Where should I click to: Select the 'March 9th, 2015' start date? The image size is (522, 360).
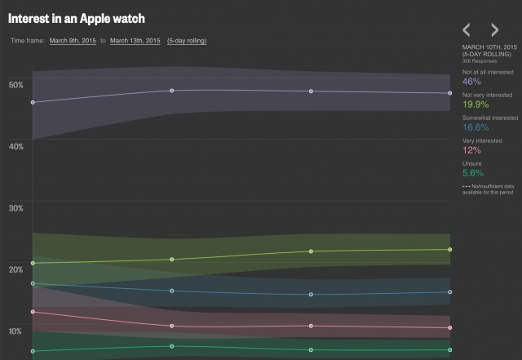pos(73,40)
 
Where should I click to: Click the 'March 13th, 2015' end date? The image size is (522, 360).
pos(135,40)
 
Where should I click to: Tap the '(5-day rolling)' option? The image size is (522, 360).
pos(187,40)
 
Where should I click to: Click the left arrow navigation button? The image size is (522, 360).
pos(467,30)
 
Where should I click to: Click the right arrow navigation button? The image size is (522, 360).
pos(495,30)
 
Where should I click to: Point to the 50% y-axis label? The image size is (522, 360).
pos(15,85)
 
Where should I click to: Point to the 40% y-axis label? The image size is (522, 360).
pos(15,146)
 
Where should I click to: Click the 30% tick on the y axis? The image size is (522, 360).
pos(15,208)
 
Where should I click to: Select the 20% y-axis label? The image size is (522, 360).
pos(15,269)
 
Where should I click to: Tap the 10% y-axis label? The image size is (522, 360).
pos(15,331)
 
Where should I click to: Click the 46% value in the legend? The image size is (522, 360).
pos(471,82)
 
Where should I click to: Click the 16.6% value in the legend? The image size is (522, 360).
pos(476,127)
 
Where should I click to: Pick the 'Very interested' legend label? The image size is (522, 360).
pos(480,140)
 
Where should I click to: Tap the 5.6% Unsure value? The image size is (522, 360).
pos(473,173)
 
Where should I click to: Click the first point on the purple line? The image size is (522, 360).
pos(33,103)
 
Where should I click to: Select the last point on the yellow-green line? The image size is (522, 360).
pos(450,250)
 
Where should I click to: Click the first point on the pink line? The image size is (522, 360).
pos(33,312)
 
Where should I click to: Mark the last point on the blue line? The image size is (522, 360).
pos(450,292)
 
